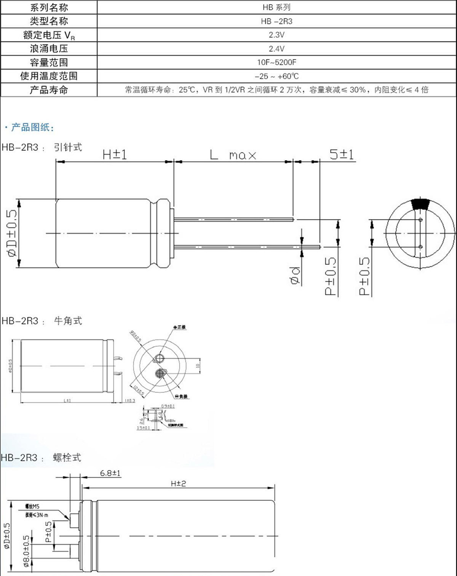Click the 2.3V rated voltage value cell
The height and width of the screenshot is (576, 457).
click(x=276, y=35)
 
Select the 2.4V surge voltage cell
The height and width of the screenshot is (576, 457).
click(x=276, y=49)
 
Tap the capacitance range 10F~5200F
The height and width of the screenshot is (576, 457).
click(x=276, y=62)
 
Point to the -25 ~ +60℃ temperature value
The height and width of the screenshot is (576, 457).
click(x=276, y=76)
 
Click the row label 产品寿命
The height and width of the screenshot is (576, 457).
click(x=49, y=90)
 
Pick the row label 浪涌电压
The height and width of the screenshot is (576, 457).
click(x=49, y=49)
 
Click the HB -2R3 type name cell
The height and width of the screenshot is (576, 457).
click(x=276, y=21)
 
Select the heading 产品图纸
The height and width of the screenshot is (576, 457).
click(x=32, y=127)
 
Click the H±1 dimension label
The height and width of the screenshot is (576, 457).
click(x=115, y=154)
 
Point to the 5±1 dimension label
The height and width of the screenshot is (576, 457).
click(x=342, y=154)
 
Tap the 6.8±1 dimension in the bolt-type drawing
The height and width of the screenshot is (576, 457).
click(x=110, y=473)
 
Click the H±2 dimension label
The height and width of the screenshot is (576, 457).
click(x=178, y=483)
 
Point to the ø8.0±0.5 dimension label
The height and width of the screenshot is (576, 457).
click(x=26, y=551)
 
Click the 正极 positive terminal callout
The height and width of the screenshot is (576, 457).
click(x=181, y=327)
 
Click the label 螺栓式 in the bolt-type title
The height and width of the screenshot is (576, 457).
click(x=67, y=458)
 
